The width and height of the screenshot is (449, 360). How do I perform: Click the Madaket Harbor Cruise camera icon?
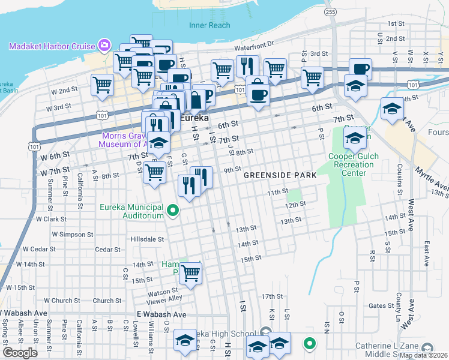(104, 46)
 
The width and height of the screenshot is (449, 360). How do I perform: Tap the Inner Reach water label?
(209, 25)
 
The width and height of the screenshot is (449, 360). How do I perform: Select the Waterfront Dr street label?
(253, 44)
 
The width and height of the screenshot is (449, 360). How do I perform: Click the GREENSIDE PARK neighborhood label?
(280, 175)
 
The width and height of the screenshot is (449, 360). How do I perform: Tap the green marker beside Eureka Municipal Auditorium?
(173, 211)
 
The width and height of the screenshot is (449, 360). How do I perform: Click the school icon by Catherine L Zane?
(427, 348)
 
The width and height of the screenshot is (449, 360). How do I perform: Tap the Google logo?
(20, 353)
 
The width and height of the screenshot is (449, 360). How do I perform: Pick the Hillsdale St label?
(147, 239)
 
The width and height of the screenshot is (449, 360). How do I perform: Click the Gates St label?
(381, 305)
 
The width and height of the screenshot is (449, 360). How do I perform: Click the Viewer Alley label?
(167, 298)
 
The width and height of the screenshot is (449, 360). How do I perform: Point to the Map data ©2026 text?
(424, 355)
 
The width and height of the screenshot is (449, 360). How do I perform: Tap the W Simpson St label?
(72, 234)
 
